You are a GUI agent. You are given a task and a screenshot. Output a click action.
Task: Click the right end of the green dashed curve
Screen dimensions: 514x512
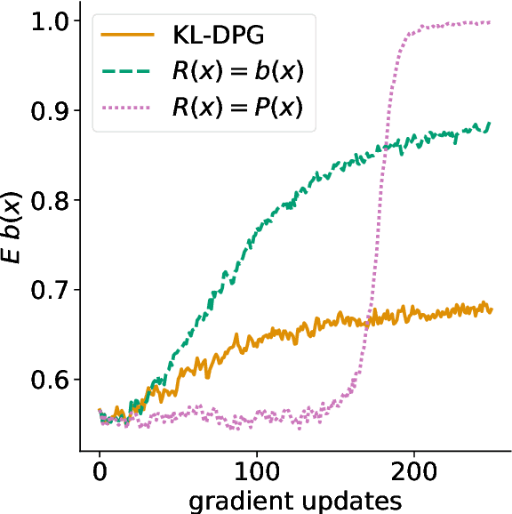491,124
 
